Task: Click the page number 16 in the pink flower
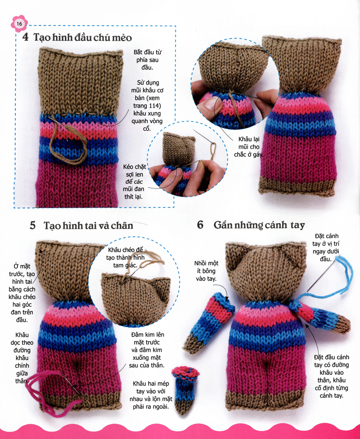[x=19, y=24]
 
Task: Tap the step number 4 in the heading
[x=26, y=37]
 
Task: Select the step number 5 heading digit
[x=33, y=225]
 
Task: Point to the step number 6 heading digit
[x=200, y=225]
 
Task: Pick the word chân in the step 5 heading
[x=121, y=225]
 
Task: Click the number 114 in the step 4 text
[x=155, y=106]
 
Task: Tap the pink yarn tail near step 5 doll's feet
[x=50, y=392]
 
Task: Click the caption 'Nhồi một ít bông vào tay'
[x=206, y=271]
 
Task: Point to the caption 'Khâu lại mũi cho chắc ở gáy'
[x=249, y=147]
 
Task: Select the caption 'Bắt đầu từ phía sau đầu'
[x=148, y=60]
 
